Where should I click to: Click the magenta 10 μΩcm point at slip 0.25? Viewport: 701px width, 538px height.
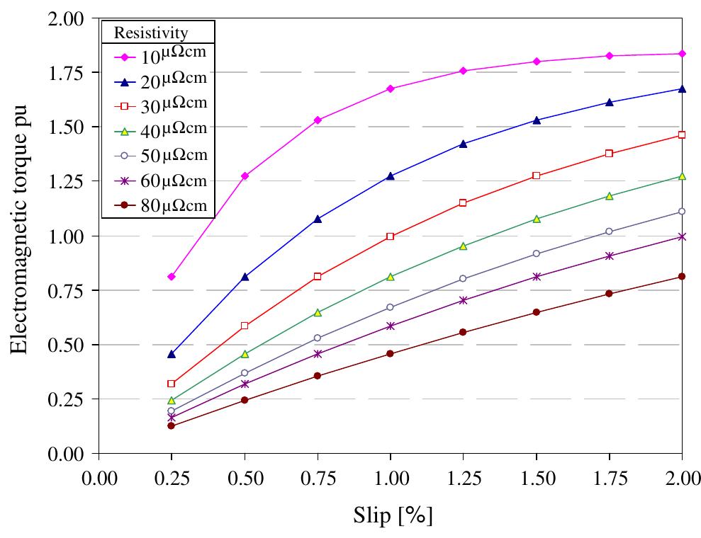[x=172, y=277]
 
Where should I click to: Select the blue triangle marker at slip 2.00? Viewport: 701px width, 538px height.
[x=682, y=88]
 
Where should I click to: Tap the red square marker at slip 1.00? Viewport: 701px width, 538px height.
[x=390, y=236]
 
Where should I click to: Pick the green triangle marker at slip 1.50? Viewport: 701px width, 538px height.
[x=537, y=219]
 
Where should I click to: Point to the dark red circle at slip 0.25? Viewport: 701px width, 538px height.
[x=172, y=425]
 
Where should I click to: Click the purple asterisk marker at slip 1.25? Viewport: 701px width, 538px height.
[x=463, y=300]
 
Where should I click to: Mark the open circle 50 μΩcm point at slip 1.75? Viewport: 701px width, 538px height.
[x=609, y=231]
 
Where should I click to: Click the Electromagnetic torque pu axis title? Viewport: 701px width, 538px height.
[x=19, y=236]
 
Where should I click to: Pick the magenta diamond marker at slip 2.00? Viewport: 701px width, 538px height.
[x=682, y=54]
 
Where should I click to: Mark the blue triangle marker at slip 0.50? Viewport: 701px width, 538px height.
[x=245, y=277]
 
